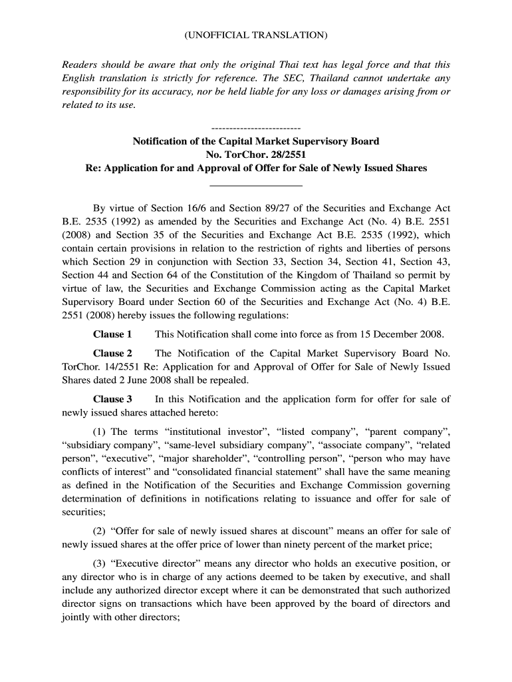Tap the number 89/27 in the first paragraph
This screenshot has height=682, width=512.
pos(279,208)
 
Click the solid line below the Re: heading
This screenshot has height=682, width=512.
pos(255,184)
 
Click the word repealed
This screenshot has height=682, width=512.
pos(225,380)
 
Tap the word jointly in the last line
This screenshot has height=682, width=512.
pos(78,617)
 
